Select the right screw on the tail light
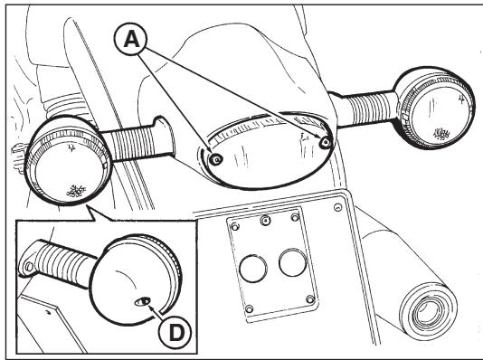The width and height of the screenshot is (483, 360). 325,142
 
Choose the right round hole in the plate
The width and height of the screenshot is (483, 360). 290,262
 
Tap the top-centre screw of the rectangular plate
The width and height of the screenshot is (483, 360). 265,220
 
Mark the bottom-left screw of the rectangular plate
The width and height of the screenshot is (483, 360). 249,312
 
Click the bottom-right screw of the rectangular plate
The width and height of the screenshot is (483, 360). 312,300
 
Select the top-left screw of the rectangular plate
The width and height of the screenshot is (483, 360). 235,226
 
